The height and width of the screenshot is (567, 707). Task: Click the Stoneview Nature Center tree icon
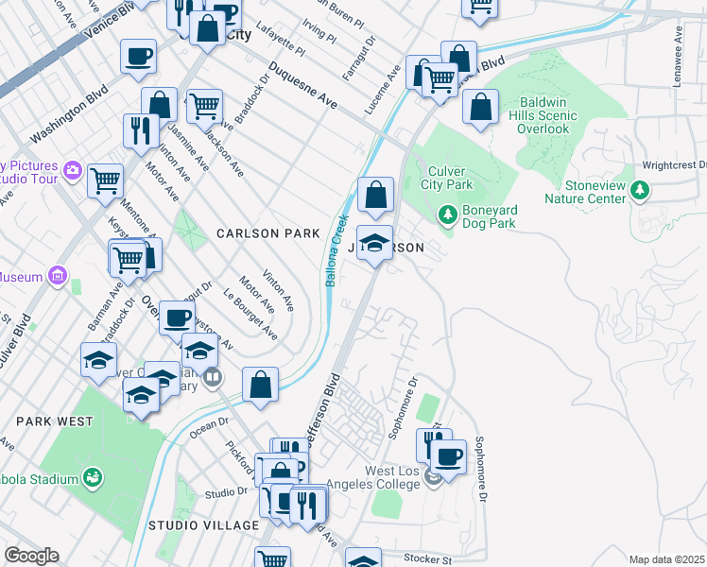click(x=641, y=192)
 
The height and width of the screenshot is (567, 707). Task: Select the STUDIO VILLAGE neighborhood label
click(x=203, y=524)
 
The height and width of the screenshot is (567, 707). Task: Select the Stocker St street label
click(x=428, y=559)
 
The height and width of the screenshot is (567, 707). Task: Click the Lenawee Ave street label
click(x=679, y=46)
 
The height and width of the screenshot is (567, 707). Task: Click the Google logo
click(x=30, y=556)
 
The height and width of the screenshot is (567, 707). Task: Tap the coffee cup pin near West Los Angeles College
click(x=449, y=457)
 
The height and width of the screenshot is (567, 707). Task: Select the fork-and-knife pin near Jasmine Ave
click(x=141, y=131)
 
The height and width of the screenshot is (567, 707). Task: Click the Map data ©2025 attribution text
click(x=665, y=559)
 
